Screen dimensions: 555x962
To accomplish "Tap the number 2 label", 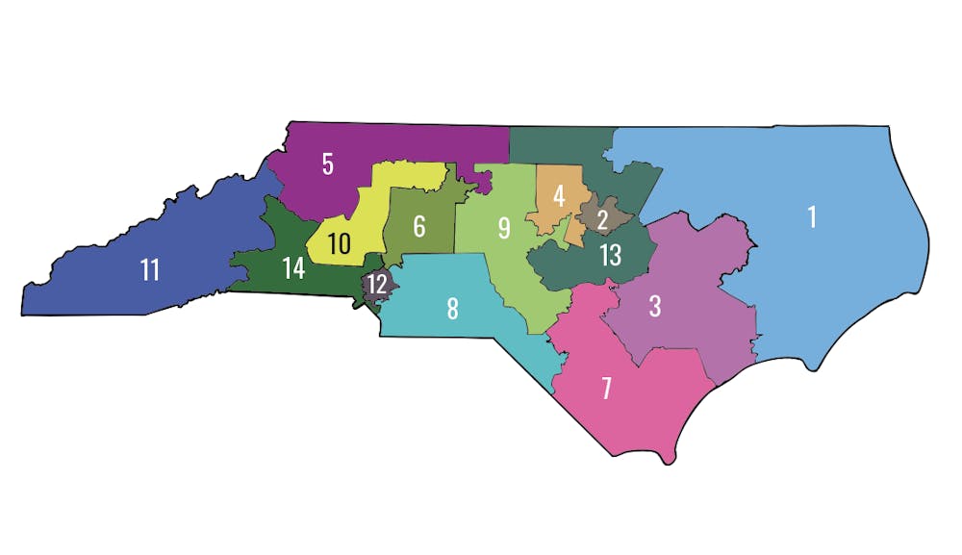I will pyautogui.click(x=602, y=220).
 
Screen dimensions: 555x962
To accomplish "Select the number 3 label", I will pyautogui.click(x=654, y=307).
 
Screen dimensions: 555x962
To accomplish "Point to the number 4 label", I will pyautogui.click(x=557, y=196).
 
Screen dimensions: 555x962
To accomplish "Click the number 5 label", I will pyautogui.click(x=328, y=164).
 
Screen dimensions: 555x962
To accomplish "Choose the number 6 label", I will pyautogui.click(x=419, y=227).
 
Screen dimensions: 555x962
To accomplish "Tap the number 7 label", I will pyautogui.click(x=606, y=389).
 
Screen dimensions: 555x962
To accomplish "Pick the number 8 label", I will pyautogui.click(x=452, y=309).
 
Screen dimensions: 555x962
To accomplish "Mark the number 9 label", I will pyautogui.click(x=503, y=228).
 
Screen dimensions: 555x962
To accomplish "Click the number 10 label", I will pyautogui.click(x=338, y=244).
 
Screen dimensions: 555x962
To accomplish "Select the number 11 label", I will pyautogui.click(x=149, y=270).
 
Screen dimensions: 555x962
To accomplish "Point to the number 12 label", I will pyautogui.click(x=377, y=285).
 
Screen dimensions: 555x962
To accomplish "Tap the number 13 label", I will pyautogui.click(x=610, y=256).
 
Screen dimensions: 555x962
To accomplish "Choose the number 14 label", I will pyautogui.click(x=293, y=269).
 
